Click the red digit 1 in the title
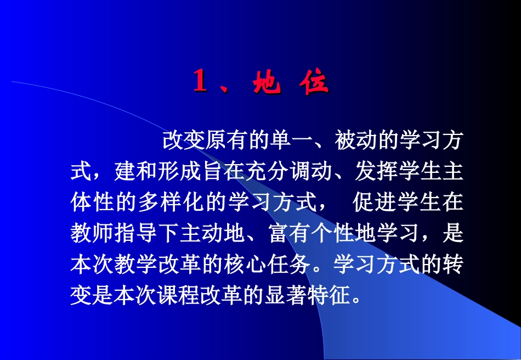pos(200,83)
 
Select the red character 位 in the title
pos(315,83)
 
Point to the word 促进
pos(375,203)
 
